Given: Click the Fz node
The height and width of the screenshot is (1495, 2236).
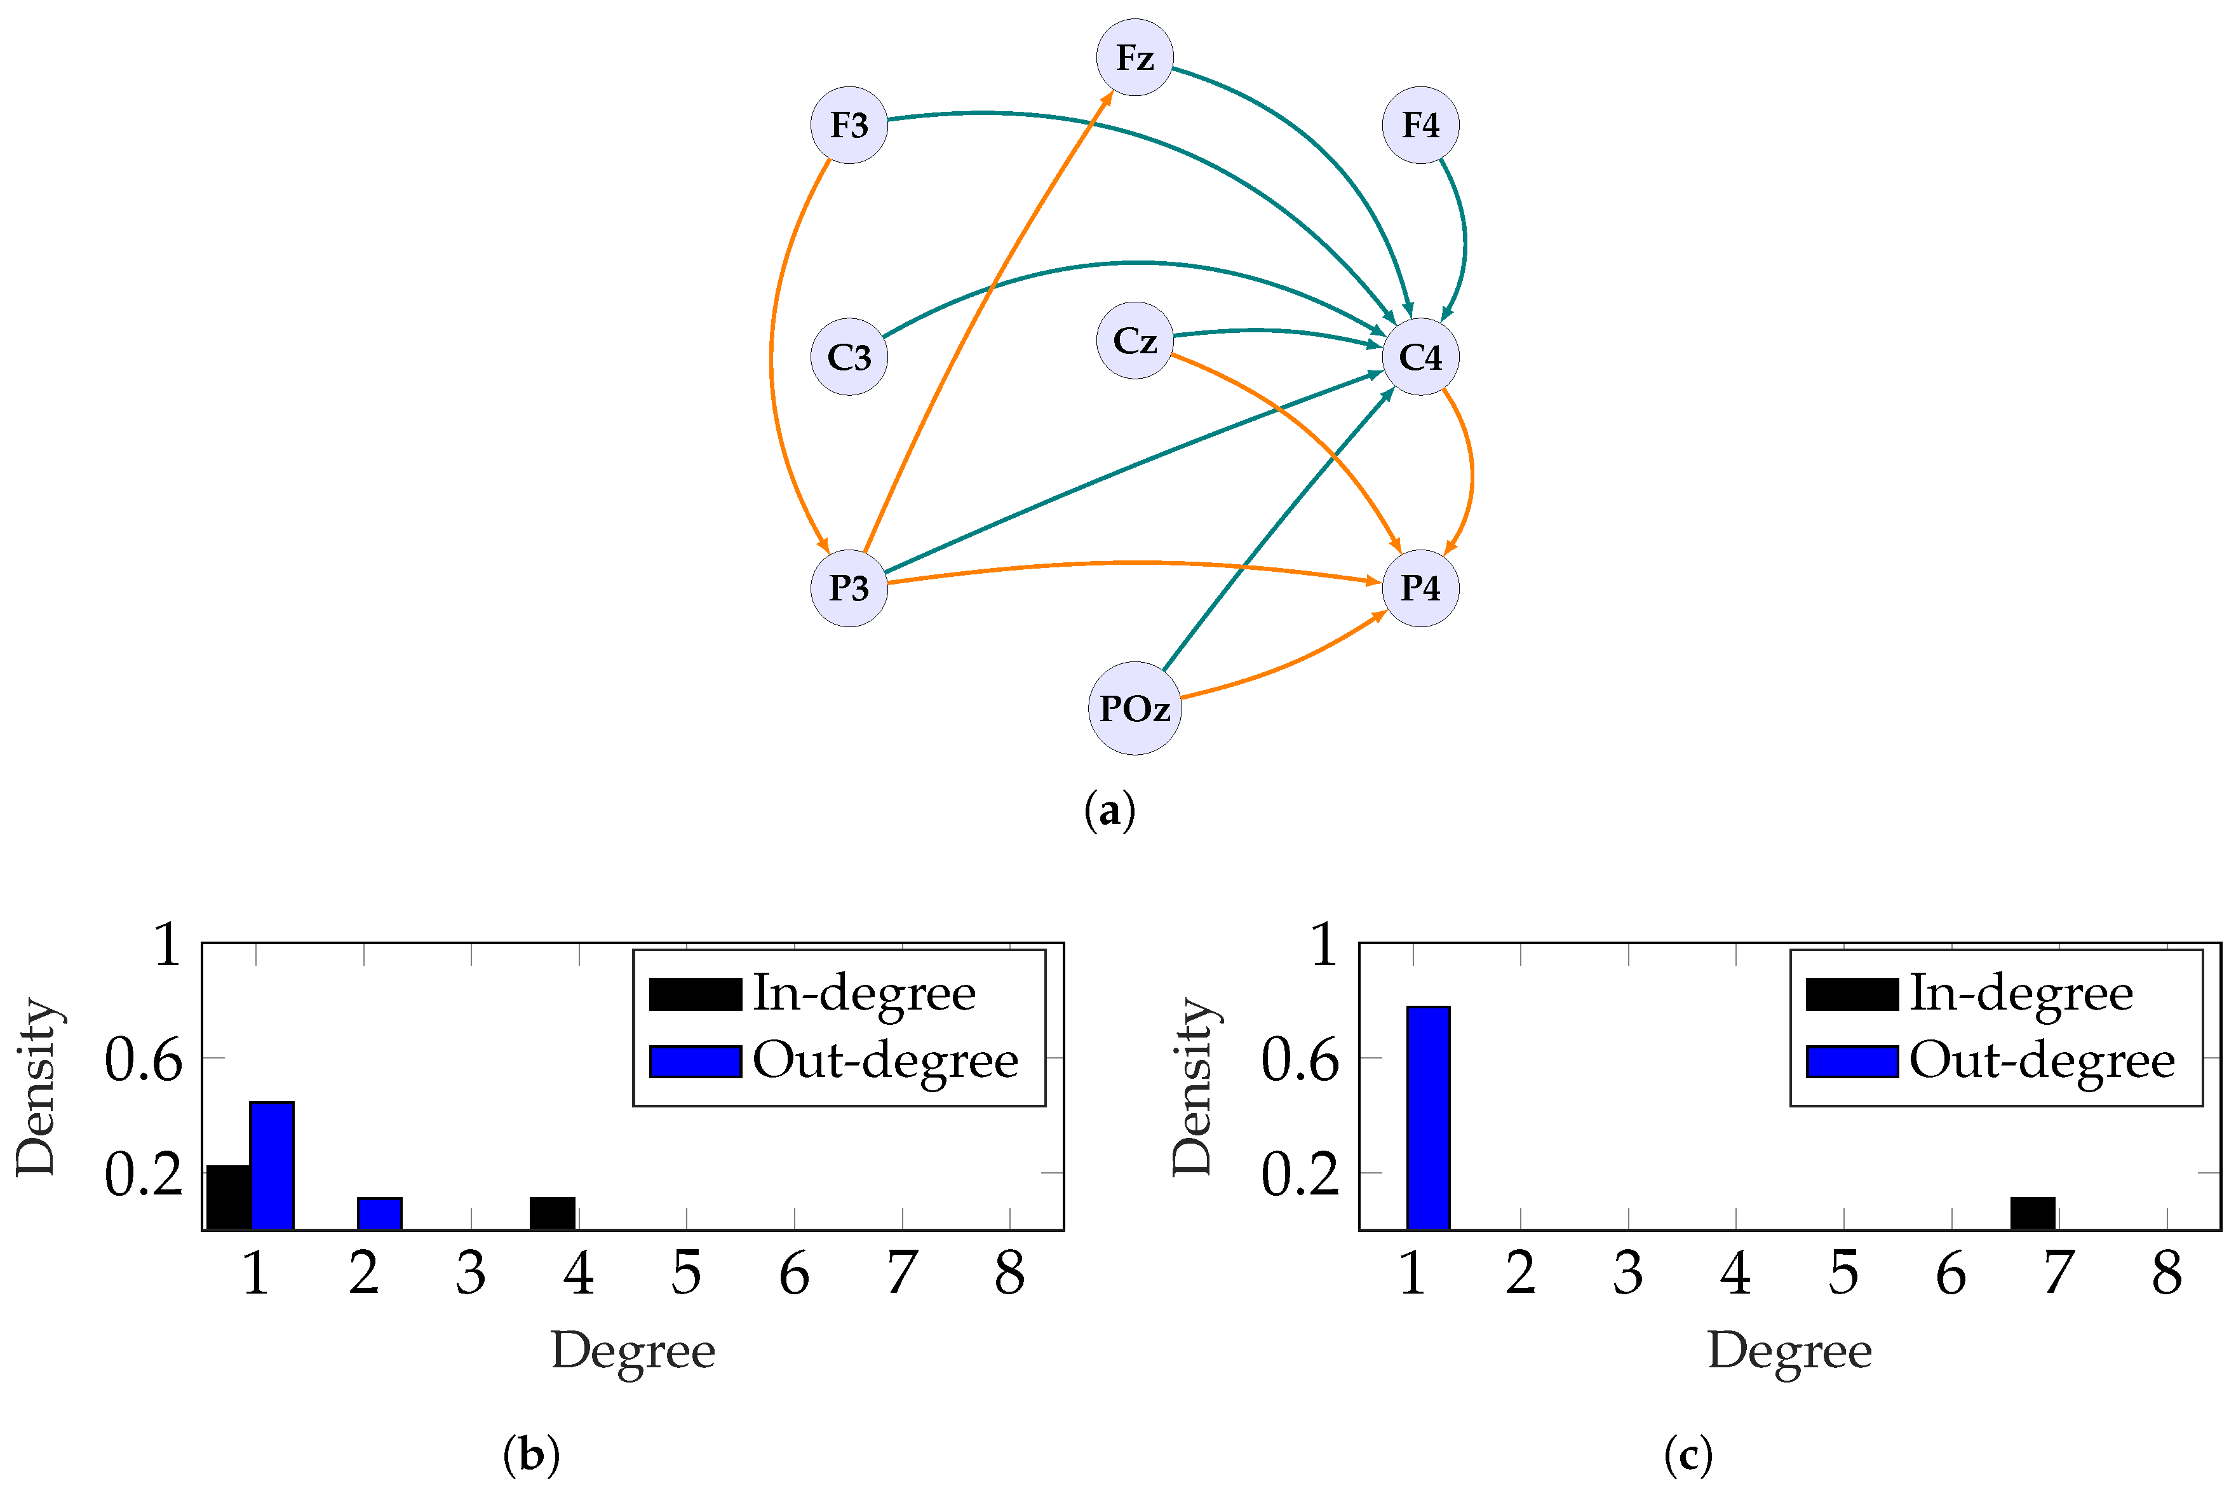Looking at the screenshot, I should click(x=1135, y=57).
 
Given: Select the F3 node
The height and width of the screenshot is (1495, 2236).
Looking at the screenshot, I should click(x=848, y=125).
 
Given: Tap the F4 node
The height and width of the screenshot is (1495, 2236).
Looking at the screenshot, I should click(x=1420, y=125).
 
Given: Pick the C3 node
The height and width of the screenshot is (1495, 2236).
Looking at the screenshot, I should click(x=848, y=356).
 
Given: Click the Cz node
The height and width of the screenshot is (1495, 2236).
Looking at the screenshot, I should click(x=1135, y=341).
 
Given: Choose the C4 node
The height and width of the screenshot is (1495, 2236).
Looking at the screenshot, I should click(x=1420, y=356).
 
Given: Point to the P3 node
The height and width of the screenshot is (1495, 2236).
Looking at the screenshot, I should click(x=848, y=588).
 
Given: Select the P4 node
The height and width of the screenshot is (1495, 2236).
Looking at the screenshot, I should click(x=1420, y=588).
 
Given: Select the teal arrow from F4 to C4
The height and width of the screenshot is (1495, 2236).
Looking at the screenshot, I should click(x=1464, y=238).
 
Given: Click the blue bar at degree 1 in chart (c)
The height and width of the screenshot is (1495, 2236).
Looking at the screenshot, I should click(x=1428, y=1118).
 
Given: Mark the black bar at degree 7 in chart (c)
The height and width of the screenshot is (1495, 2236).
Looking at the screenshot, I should click(x=2032, y=1214).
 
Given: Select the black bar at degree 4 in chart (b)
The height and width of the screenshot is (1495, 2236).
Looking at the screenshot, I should click(x=553, y=1214).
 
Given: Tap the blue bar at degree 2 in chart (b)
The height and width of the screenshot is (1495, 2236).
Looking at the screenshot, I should click(x=379, y=1214).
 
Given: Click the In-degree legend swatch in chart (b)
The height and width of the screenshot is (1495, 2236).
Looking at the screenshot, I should click(x=695, y=994).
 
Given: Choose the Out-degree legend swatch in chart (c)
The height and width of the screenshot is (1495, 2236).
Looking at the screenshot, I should click(x=1852, y=1061).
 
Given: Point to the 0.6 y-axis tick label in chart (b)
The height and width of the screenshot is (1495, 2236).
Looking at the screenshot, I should click(x=143, y=1060).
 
